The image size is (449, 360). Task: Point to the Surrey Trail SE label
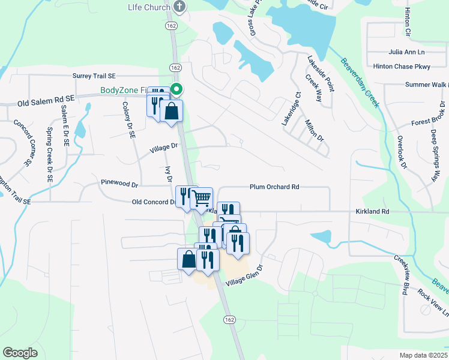click(94, 76)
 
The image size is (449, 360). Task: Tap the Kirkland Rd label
click(372, 212)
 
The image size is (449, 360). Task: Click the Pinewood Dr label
click(119, 182)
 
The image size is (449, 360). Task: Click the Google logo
click(20, 353)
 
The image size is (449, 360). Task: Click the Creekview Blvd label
click(402, 275)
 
